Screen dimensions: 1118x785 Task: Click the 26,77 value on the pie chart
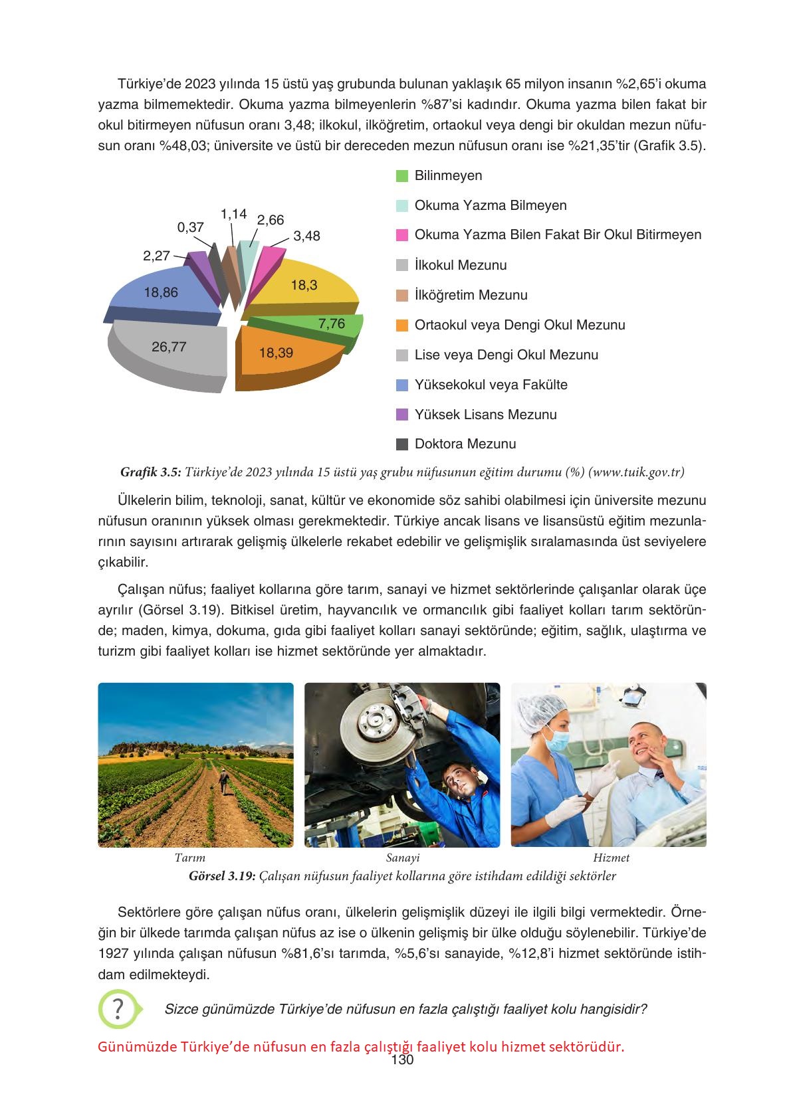click(x=169, y=347)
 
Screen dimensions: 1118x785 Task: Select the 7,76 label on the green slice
click(x=332, y=324)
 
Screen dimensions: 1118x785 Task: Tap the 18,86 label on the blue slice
click(x=161, y=292)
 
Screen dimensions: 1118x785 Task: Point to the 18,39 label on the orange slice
click(x=276, y=353)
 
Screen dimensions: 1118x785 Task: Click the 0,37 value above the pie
click(x=191, y=227)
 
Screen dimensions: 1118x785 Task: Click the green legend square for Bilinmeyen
click(x=401, y=176)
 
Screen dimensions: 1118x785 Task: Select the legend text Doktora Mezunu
click(x=465, y=444)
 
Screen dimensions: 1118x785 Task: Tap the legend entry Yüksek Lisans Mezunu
click(x=485, y=415)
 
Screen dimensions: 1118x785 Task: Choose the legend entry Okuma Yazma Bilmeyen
click(x=490, y=205)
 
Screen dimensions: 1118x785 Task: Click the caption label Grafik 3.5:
click(x=150, y=472)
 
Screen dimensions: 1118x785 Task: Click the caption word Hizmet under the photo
click(x=610, y=858)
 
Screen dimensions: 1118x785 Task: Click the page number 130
click(x=402, y=1060)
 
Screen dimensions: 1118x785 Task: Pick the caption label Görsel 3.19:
click(x=222, y=876)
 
